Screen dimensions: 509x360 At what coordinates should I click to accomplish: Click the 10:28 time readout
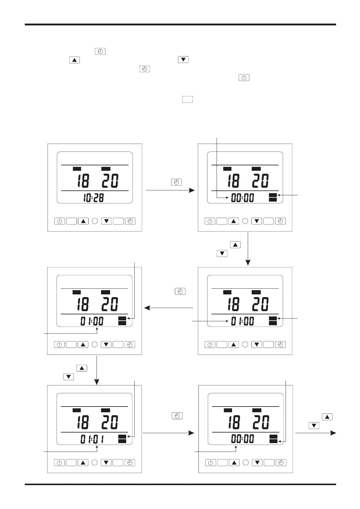pyautogui.click(x=93, y=198)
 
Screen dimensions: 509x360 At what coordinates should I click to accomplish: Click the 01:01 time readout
pyautogui.click(x=92, y=439)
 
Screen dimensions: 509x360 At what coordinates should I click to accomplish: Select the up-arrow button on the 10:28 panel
pyautogui.click(x=83, y=221)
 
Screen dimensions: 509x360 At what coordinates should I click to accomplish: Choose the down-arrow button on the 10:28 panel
pyautogui.click(x=106, y=221)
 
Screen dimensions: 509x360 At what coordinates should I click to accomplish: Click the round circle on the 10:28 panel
pyautogui.click(x=95, y=221)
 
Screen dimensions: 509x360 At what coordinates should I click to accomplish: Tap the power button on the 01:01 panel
pyautogui.click(x=59, y=463)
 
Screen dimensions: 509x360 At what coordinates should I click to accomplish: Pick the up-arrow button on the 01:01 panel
pyautogui.click(x=83, y=463)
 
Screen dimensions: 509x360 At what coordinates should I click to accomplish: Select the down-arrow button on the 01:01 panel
pyautogui.click(x=106, y=463)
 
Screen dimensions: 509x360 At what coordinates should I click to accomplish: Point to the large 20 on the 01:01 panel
pyautogui.click(x=110, y=422)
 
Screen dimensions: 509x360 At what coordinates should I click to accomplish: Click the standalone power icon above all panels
pyautogui.click(x=244, y=78)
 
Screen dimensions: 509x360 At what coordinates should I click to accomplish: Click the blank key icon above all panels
pyautogui.click(x=188, y=99)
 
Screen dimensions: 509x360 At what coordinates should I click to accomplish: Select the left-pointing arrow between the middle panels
pyautogui.click(x=169, y=308)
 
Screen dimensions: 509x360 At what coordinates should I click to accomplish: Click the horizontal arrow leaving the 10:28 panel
pyautogui.click(x=170, y=190)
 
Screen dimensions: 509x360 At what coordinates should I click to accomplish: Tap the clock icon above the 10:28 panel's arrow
pyautogui.click(x=176, y=182)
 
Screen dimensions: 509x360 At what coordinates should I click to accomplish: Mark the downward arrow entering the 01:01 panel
pyautogui.click(x=97, y=370)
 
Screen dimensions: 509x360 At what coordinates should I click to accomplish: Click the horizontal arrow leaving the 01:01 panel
pyautogui.click(x=168, y=433)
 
